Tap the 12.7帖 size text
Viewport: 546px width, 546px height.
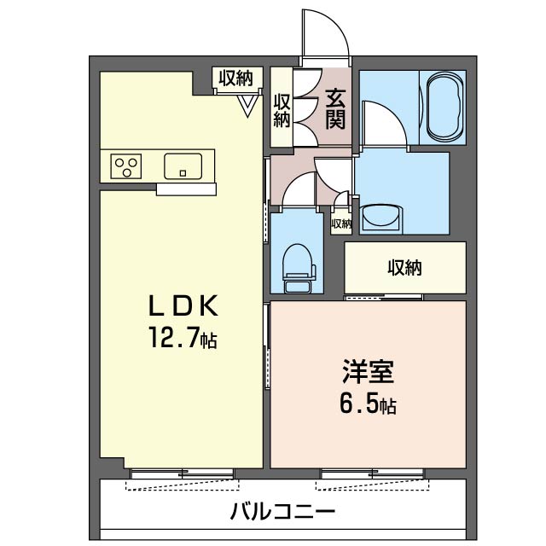[182, 340]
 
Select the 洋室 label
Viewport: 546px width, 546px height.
[368, 372]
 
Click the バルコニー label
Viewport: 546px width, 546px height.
[282, 513]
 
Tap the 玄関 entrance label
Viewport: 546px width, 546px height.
[334, 109]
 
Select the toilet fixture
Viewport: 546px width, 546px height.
[299, 264]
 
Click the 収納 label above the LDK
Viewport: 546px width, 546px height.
[235, 78]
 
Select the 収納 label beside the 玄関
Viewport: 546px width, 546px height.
[282, 109]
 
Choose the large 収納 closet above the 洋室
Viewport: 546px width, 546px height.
[405, 268]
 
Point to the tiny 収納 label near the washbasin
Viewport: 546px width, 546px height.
[341, 224]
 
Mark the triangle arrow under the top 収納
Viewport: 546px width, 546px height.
[247, 105]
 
